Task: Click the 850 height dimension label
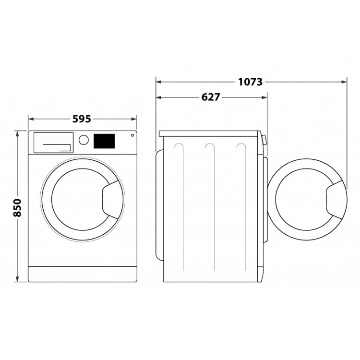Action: pos(17,207)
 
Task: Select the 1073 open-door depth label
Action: pos(250,82)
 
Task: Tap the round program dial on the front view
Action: pos(84,140)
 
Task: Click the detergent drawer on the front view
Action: pos(53,143)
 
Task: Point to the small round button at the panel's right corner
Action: pos(132,136)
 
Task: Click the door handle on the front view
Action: pos(111,196)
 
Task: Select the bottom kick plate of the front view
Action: pos(83,274)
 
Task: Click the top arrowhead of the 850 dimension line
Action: pos(18,132)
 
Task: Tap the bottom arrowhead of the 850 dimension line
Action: pos(18,280)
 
